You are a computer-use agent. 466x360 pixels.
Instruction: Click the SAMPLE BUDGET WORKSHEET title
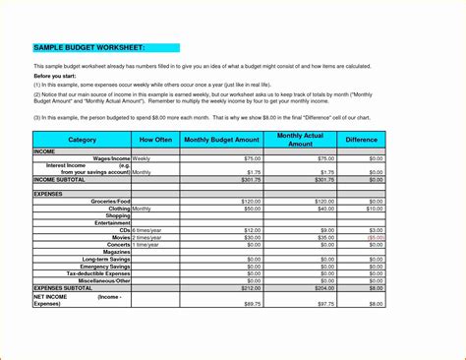point(89,47)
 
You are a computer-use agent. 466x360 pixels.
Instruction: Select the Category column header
point(82,140)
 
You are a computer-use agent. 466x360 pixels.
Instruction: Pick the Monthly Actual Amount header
point(301,140)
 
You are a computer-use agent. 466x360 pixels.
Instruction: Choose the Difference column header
point(361,140)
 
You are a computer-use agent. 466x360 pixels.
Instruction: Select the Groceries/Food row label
point(110,201)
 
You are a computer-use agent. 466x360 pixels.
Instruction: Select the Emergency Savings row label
point(104,266)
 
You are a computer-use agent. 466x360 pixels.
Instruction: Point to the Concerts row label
point(117,244)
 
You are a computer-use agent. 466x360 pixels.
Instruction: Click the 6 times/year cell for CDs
point(149,230)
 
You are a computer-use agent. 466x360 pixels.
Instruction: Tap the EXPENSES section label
point(48,194)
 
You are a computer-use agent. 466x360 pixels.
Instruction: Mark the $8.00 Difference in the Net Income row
point(377,304)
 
